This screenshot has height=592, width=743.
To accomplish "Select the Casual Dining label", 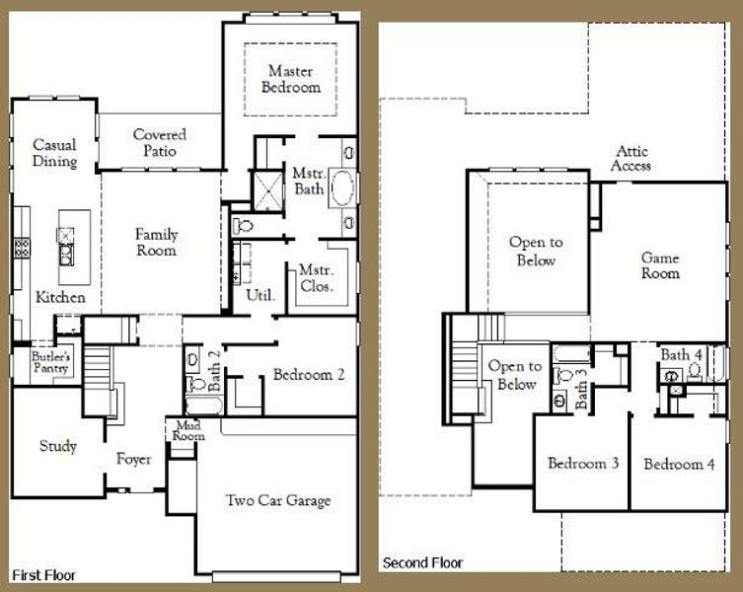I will (x=54, y=153).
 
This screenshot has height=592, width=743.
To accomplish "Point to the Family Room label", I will (x=157, y=243).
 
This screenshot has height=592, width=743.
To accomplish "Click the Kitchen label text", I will (x=60, y=297).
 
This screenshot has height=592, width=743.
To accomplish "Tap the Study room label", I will (x=58, y=446).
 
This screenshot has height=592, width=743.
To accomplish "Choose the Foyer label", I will (x=134, y=459).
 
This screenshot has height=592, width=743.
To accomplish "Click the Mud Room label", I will (x=187, y=430).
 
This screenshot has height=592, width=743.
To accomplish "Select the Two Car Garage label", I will (x=277, y=500).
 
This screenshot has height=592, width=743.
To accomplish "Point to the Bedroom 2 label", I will (x=308, y=375).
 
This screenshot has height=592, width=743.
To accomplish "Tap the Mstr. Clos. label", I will (x=316, y=278).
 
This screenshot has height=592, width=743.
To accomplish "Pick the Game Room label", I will (x=660, y=265).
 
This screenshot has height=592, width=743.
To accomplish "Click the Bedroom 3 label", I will (x=583, y=464).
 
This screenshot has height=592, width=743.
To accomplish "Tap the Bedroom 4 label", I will (x=679, y=464).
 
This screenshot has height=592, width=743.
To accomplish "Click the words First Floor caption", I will (x=42, y=574).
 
